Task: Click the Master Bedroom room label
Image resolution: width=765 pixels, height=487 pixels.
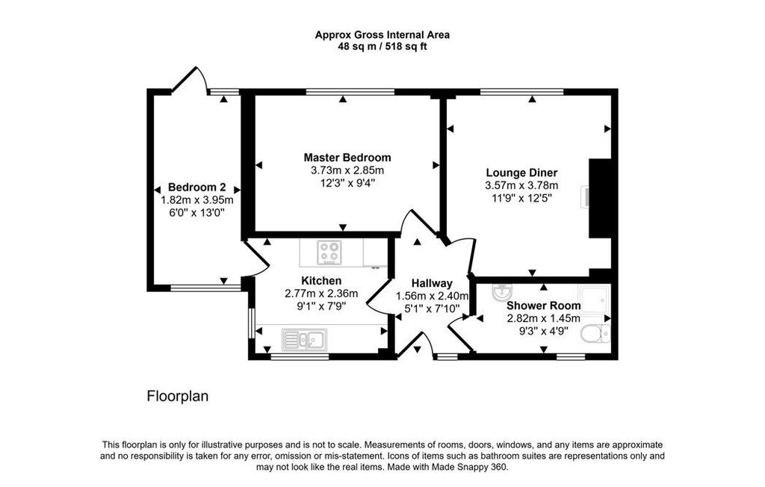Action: [x=347, y=158]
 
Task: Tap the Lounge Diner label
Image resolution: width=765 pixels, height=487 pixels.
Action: [x=521, y=173]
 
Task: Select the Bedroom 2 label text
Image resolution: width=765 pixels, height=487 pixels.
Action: [x=197, y=187]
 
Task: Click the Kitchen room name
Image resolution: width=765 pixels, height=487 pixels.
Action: [x=322, y=280]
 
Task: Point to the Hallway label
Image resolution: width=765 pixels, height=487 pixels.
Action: [x=432, y=283]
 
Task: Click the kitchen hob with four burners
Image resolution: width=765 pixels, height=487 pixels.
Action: [x=329, y=252]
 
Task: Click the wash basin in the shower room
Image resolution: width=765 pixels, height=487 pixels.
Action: [x=502, y=293]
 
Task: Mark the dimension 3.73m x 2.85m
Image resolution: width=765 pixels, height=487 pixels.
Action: [x=347, y=170]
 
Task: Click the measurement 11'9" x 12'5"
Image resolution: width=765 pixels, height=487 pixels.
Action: [x=521, y=198]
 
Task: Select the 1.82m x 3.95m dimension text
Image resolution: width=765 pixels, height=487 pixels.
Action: [x=197, y=199]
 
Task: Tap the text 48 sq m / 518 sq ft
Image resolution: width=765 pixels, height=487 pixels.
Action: [x=382, y=46]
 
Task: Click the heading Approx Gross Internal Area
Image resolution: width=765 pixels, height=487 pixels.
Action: [x=382, y=34]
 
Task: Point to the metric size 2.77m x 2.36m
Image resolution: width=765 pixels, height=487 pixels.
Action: [x=322, y=293]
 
